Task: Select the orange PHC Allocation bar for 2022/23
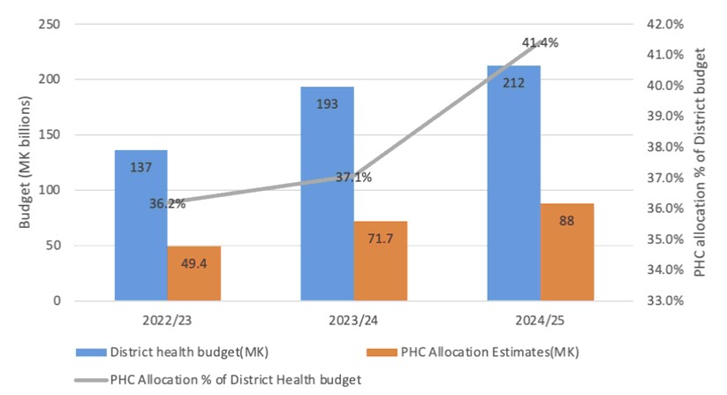tap(193, 273)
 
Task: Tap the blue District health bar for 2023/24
tap(327, 194)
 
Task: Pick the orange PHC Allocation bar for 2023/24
tap(381, 261)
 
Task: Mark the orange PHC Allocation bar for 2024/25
tap(568, 252)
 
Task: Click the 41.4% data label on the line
tap(540, 42)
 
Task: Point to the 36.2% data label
tap(167, 203)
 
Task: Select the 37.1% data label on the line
tap(353, 178)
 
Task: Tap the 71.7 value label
tap(381, 239)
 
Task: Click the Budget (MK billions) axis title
tap(27, 163)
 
